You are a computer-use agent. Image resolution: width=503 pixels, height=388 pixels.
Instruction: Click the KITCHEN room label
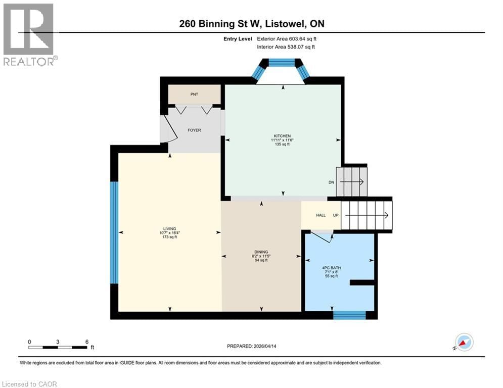283,136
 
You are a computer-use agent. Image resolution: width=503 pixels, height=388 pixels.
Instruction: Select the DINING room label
261,252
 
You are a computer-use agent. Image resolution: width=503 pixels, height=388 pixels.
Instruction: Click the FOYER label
194,130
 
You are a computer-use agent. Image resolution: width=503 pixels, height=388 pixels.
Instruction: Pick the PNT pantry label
194,94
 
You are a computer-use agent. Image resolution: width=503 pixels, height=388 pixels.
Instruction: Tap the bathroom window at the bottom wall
349,315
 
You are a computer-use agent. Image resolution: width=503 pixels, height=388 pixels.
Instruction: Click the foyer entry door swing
169,129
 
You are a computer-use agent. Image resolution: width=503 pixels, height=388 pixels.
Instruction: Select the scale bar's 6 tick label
87,342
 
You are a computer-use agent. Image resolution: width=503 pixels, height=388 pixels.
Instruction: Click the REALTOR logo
30,35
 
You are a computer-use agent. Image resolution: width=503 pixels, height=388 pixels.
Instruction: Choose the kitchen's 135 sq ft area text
283,144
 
